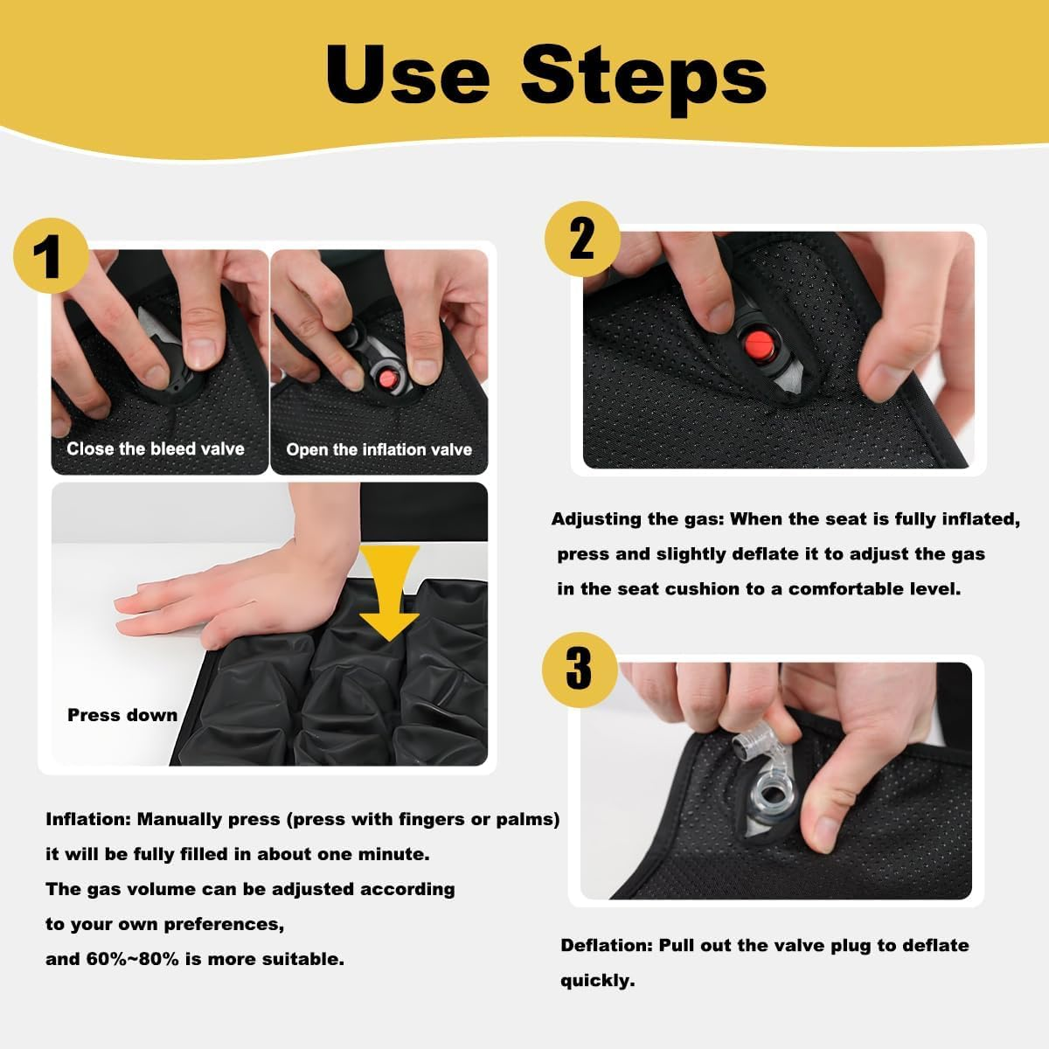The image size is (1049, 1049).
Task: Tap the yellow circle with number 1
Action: pyautogui.click(x=51, y=256)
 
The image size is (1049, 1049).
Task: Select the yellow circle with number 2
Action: pyautogui.click(x=581, y=238)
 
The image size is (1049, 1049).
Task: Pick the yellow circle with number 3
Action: pyautogui.click(x=579, y=669)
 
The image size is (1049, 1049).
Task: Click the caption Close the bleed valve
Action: pyautogui.click(x=156, y=448)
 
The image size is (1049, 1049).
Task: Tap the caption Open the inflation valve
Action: pyautogui.click(x=379, y=449)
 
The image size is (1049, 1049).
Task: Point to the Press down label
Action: pyautogui.click(x=122, y=715)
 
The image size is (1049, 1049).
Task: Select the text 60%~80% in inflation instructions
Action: pyautogui.click(x=132, y=959)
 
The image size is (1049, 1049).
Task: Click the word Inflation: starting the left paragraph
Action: pyautogui.click(x=87, y=819)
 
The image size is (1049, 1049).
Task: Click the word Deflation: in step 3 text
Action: pyautogui.click(x=607, y=945)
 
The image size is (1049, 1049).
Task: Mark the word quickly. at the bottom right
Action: pyautogui.click(x=598, y=980)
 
